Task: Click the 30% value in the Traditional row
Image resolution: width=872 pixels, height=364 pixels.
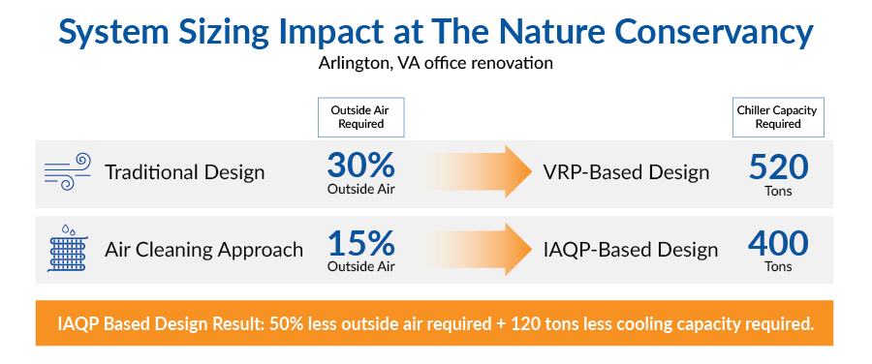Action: [361, 166]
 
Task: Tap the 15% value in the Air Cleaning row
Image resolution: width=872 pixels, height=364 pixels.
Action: [361, 243]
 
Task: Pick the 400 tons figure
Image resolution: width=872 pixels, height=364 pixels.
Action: [777, 243]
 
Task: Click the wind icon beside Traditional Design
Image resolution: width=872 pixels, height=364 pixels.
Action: [67, 172]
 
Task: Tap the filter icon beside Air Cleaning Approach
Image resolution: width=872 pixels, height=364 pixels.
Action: [67, 250]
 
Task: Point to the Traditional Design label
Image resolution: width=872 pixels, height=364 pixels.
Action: [184, 173]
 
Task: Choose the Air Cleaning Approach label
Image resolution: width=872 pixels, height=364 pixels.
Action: [203, 250]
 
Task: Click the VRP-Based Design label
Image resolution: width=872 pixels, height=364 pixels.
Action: [626, 173]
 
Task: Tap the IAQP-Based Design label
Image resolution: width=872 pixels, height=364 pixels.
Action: [631, 250]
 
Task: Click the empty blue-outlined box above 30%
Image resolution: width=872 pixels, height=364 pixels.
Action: [360, 117]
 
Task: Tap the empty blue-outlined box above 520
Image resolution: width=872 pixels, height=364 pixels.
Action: [777, 117]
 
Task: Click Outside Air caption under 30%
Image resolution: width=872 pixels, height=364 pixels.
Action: [361, 190]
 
